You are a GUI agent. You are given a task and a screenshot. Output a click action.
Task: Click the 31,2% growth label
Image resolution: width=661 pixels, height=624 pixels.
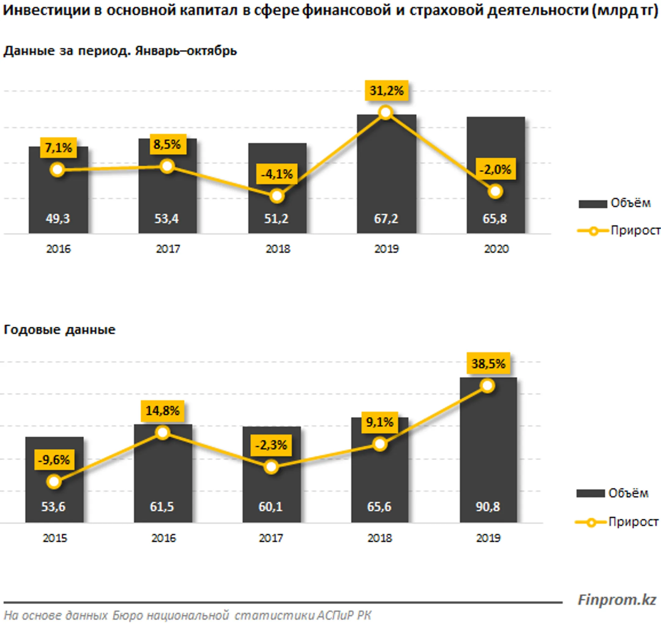(387, 91)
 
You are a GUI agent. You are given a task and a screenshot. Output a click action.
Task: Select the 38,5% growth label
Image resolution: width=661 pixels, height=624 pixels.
(488, 364)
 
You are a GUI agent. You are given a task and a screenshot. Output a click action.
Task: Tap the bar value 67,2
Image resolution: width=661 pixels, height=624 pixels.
(386, 218)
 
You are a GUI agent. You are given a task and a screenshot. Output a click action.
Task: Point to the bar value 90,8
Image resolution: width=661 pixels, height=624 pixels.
(488, 507)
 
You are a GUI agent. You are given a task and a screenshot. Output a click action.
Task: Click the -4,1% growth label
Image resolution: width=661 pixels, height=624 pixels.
(277, 174)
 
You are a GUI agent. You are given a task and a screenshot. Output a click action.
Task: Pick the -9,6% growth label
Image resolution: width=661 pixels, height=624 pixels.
(54, 460)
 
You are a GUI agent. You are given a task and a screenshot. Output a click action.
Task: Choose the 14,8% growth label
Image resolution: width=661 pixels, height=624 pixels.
(162, 411)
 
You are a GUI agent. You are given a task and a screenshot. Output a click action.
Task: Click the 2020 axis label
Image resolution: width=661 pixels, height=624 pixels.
(496, 249)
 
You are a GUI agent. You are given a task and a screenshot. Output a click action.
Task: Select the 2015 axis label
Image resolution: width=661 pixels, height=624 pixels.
(55, 538)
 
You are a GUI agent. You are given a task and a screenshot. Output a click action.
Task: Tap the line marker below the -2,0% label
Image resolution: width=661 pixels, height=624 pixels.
(495, 191)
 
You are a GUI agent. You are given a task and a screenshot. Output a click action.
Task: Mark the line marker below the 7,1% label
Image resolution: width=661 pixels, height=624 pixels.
(57, 170)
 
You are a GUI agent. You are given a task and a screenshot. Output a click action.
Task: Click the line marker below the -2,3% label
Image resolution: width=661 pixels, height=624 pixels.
(271, 467)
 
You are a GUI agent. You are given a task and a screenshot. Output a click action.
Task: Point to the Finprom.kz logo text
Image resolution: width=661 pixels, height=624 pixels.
(617, 600)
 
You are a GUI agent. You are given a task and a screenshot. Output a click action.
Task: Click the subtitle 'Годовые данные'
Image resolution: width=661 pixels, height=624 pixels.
(60, 329)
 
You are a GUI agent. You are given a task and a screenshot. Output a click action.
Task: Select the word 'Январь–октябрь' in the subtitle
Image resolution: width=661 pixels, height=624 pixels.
(186, 51)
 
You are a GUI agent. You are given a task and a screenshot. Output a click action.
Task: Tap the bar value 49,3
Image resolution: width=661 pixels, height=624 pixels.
(58, 218)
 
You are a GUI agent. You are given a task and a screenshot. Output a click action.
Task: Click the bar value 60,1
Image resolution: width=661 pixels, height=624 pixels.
(270, 507)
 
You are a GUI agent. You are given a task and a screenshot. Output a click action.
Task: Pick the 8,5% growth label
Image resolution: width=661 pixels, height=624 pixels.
(167, 144)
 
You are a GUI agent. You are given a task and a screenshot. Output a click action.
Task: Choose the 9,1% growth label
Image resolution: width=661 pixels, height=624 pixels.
(380, 422)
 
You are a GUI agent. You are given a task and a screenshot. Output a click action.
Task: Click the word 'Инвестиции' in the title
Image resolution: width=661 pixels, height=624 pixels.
(46, 10)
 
